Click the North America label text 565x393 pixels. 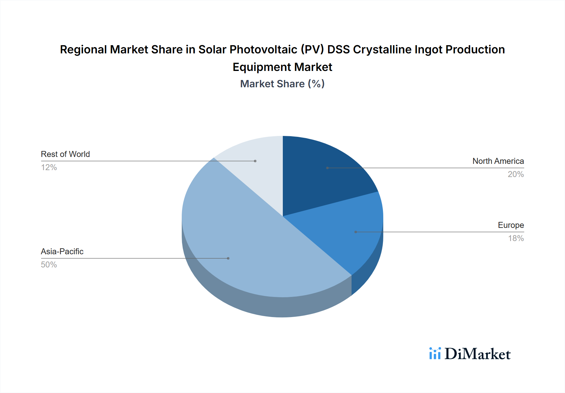(498, 161)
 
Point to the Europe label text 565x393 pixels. (511, 225)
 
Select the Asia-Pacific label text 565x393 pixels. (62, 251)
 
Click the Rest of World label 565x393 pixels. (65, 154)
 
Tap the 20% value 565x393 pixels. (516, 174)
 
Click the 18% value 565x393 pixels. (516, 238)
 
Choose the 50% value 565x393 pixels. (49, 265)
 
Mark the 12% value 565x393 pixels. (49, 167)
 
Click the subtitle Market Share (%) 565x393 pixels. (282, 84)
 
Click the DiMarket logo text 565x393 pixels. (477, 354)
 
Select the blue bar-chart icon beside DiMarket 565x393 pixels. (435, 353)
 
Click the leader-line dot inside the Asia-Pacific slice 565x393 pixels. (228, 258)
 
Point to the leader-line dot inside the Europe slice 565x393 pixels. (356, 232)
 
